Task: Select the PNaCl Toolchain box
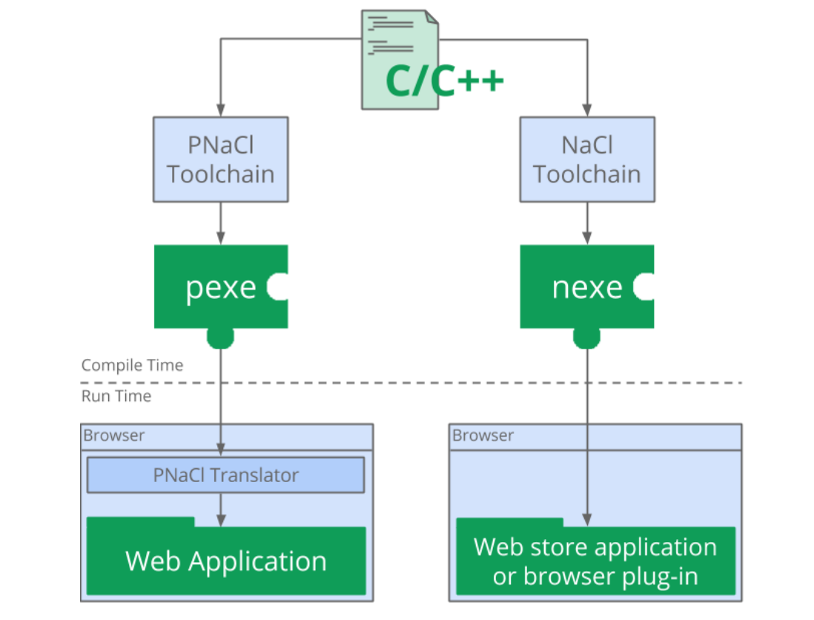point(220,159)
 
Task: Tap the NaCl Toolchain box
point(587,159)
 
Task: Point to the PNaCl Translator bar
point(225,475)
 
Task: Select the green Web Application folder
point(226,560)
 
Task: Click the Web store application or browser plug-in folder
point(595,561)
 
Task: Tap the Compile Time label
point(132,365)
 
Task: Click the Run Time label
point(116,396)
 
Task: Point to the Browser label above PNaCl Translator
point(114,435)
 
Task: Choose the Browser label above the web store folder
point(483,435)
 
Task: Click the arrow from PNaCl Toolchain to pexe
point(220,223)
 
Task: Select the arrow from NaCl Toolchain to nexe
point(587,223)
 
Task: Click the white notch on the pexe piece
point(278,287)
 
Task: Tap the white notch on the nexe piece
point(645,287)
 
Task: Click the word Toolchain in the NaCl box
point(587,174)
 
